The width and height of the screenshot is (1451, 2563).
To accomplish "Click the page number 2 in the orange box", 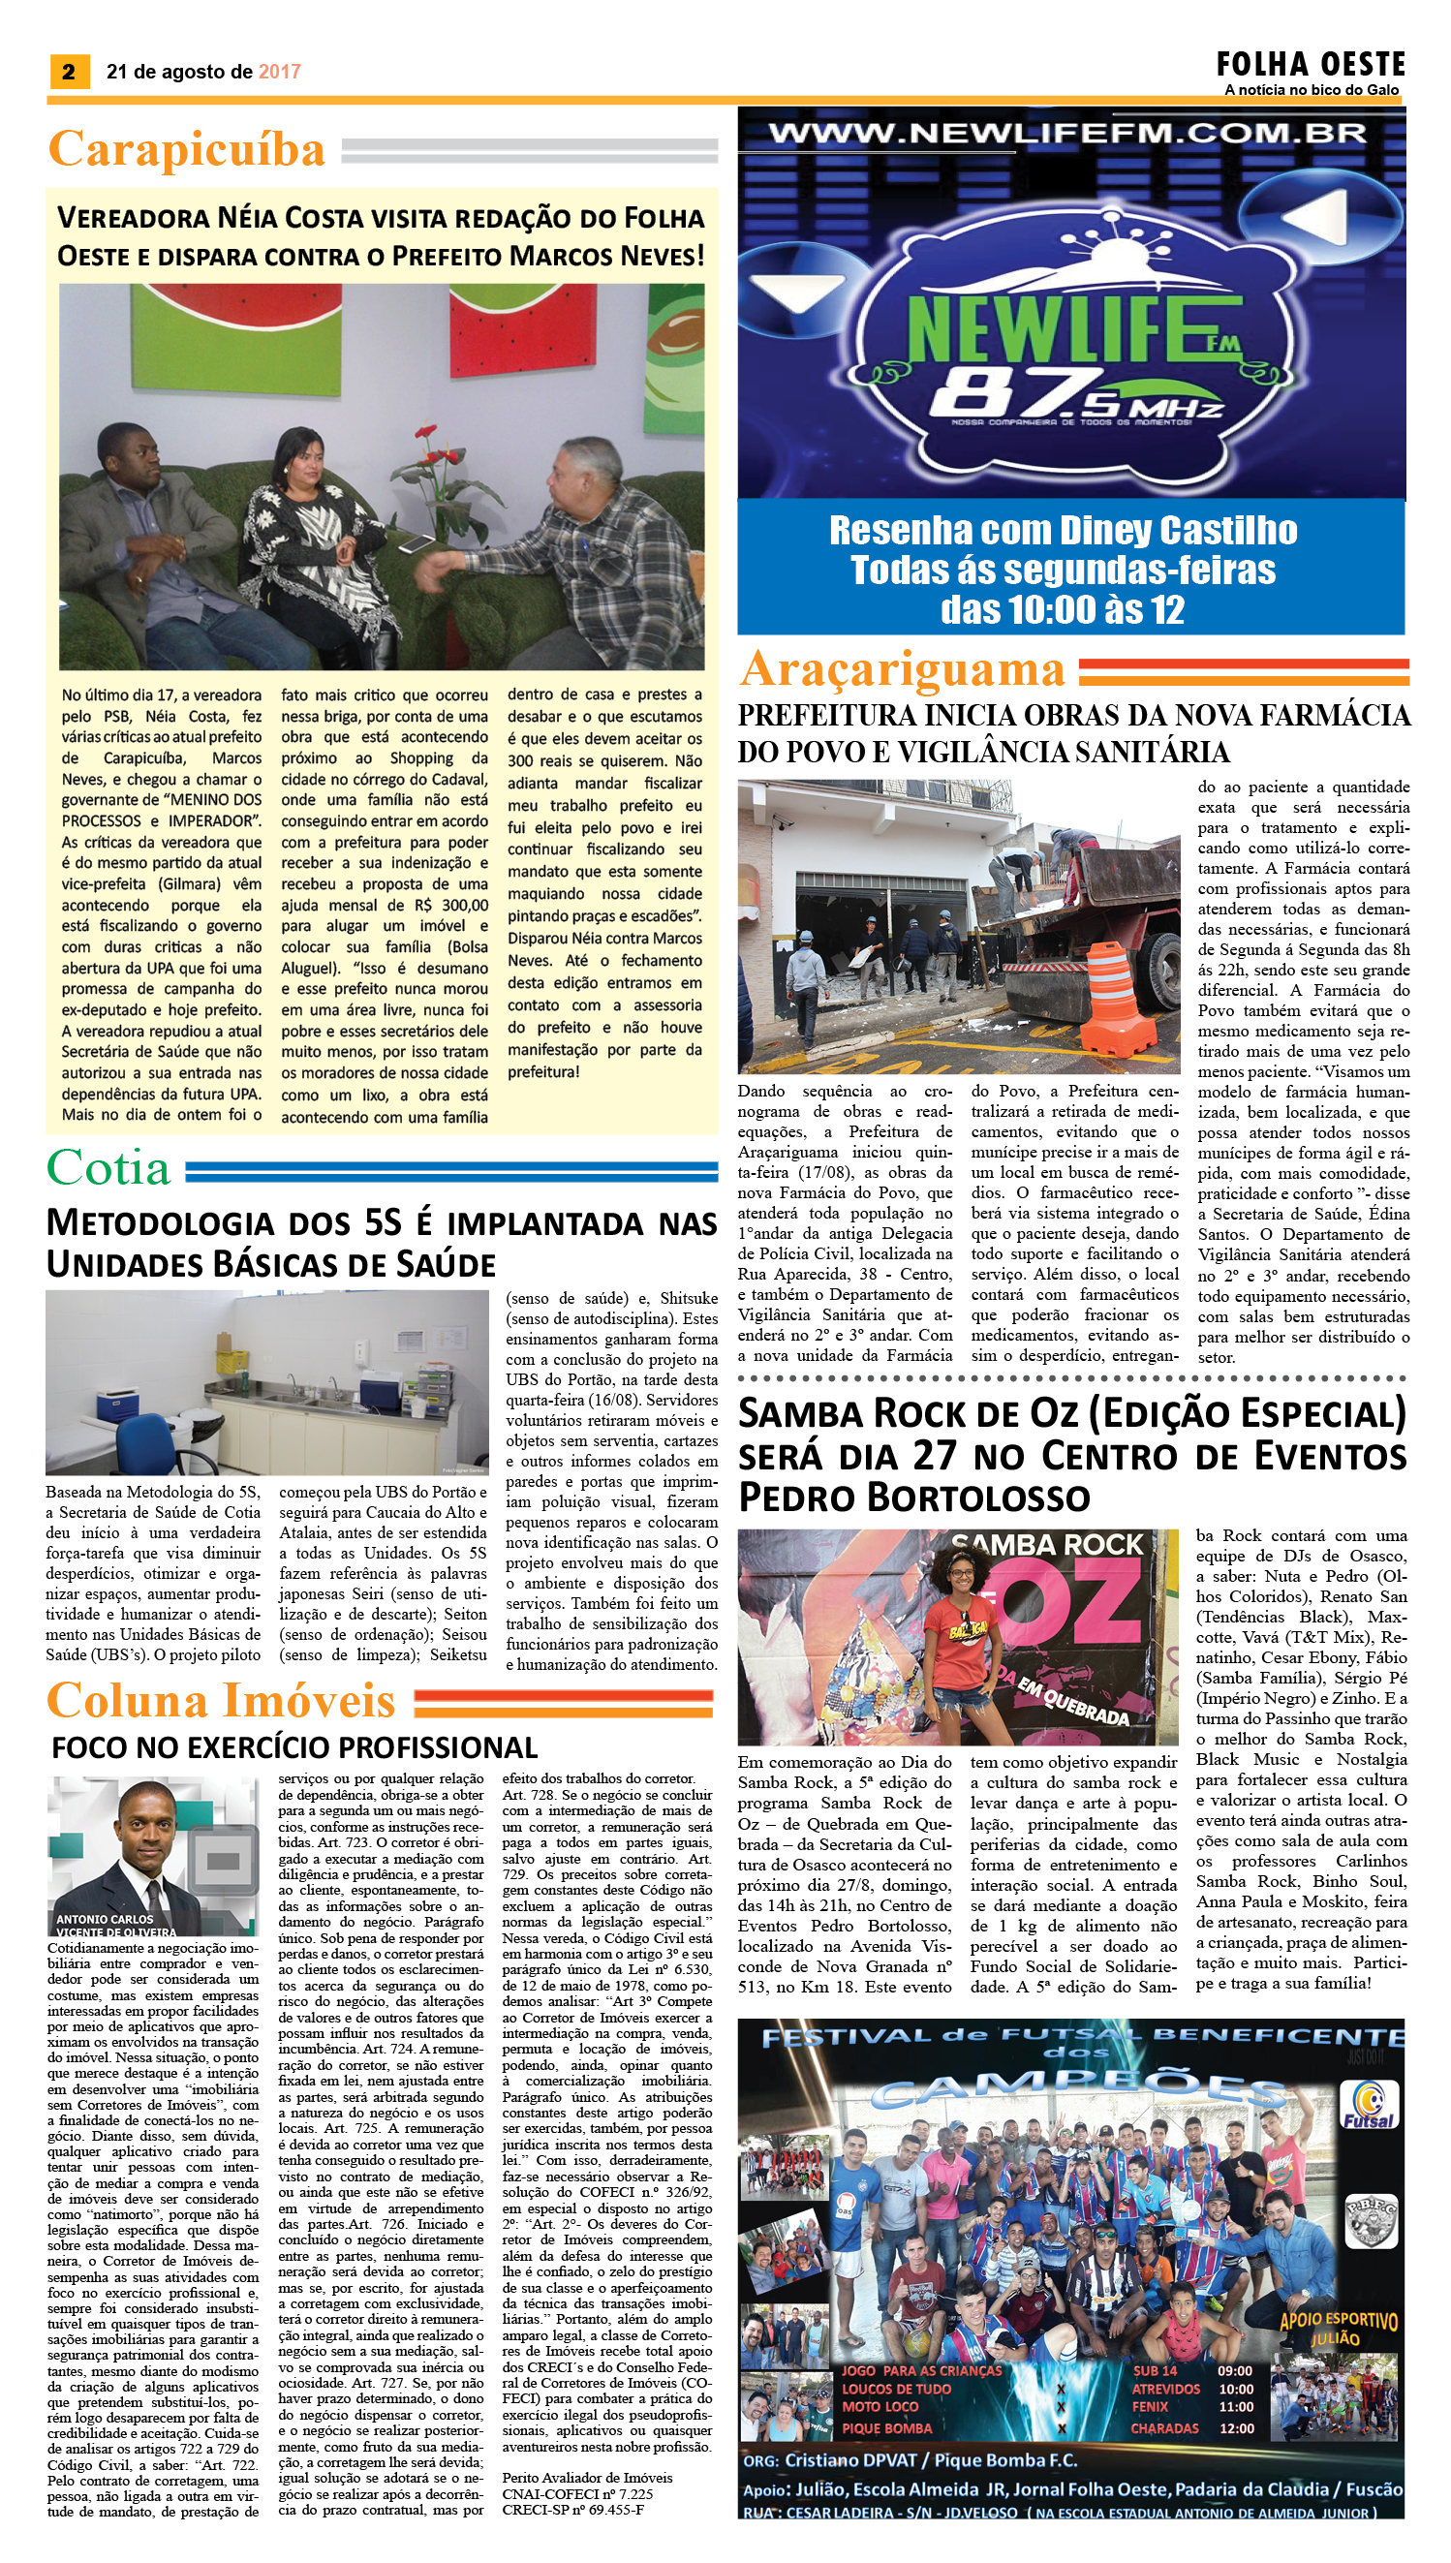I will pyautogui.click(x=69, y=72).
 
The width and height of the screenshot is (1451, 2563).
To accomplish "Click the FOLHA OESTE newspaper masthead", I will pyautogui.click(x=1310, y=66).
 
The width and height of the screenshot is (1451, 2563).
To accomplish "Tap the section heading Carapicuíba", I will pyautogui.click(x=186, y=149).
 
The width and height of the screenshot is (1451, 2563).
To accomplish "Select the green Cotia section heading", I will pyautogui.click(x=108, y=1169).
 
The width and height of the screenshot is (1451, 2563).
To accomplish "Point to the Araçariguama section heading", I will pyautogui.click(x=902, y=669).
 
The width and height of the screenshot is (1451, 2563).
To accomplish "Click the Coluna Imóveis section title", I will pyautogui.click(x=221, y=1702).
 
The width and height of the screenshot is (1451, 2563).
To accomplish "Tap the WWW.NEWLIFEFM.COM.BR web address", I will pyautogui.click(x=1067, y=135).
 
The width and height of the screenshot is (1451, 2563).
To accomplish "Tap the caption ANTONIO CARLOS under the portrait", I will pyautogui.click(x=105, y=1918).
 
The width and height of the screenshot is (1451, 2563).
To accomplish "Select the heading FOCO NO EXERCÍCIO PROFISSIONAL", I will pyautogui.click(x=294, y=1746).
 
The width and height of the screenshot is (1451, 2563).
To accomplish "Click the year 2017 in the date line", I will pyautogui.click(x=279, y=72).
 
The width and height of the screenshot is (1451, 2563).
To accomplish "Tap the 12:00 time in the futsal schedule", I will pyautogui.click(x=1236, y=2427).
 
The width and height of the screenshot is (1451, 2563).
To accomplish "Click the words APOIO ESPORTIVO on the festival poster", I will pyautogui.click(x=1339, y=2319).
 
